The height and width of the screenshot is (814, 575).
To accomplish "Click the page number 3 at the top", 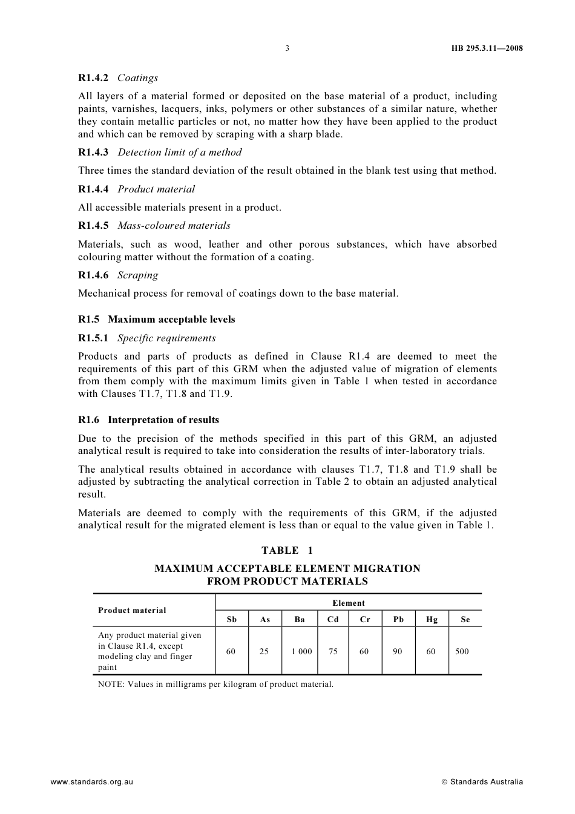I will [287, 48].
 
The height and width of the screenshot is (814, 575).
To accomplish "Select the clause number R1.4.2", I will [93, 78].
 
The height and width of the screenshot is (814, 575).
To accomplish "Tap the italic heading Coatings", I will [137, 78].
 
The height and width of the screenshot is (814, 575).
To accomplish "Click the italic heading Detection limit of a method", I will [179, 153].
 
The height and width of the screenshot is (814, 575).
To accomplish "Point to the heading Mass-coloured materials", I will [174, 226].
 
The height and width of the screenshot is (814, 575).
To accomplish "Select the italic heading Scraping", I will [137, 275].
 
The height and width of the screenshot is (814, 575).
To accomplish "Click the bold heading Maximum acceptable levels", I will [171, 320].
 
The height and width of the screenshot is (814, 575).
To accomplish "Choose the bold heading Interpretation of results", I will [163, 420].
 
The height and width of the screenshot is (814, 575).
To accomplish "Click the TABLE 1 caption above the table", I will [287, 550].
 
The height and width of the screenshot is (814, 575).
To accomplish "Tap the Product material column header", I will [132, 611].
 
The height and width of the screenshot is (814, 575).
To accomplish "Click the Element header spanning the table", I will [349, 603].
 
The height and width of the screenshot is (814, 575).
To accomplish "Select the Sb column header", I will [232, 619].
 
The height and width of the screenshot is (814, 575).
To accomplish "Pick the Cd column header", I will [333, 619].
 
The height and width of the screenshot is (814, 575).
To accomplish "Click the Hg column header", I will [432, 619].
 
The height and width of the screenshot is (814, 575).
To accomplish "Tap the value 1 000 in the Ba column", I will [301, 652].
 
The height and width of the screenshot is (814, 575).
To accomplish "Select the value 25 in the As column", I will [264, 652].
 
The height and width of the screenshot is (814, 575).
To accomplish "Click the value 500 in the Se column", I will [462, 652].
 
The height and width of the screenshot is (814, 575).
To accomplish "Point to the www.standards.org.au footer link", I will [91, 782].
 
